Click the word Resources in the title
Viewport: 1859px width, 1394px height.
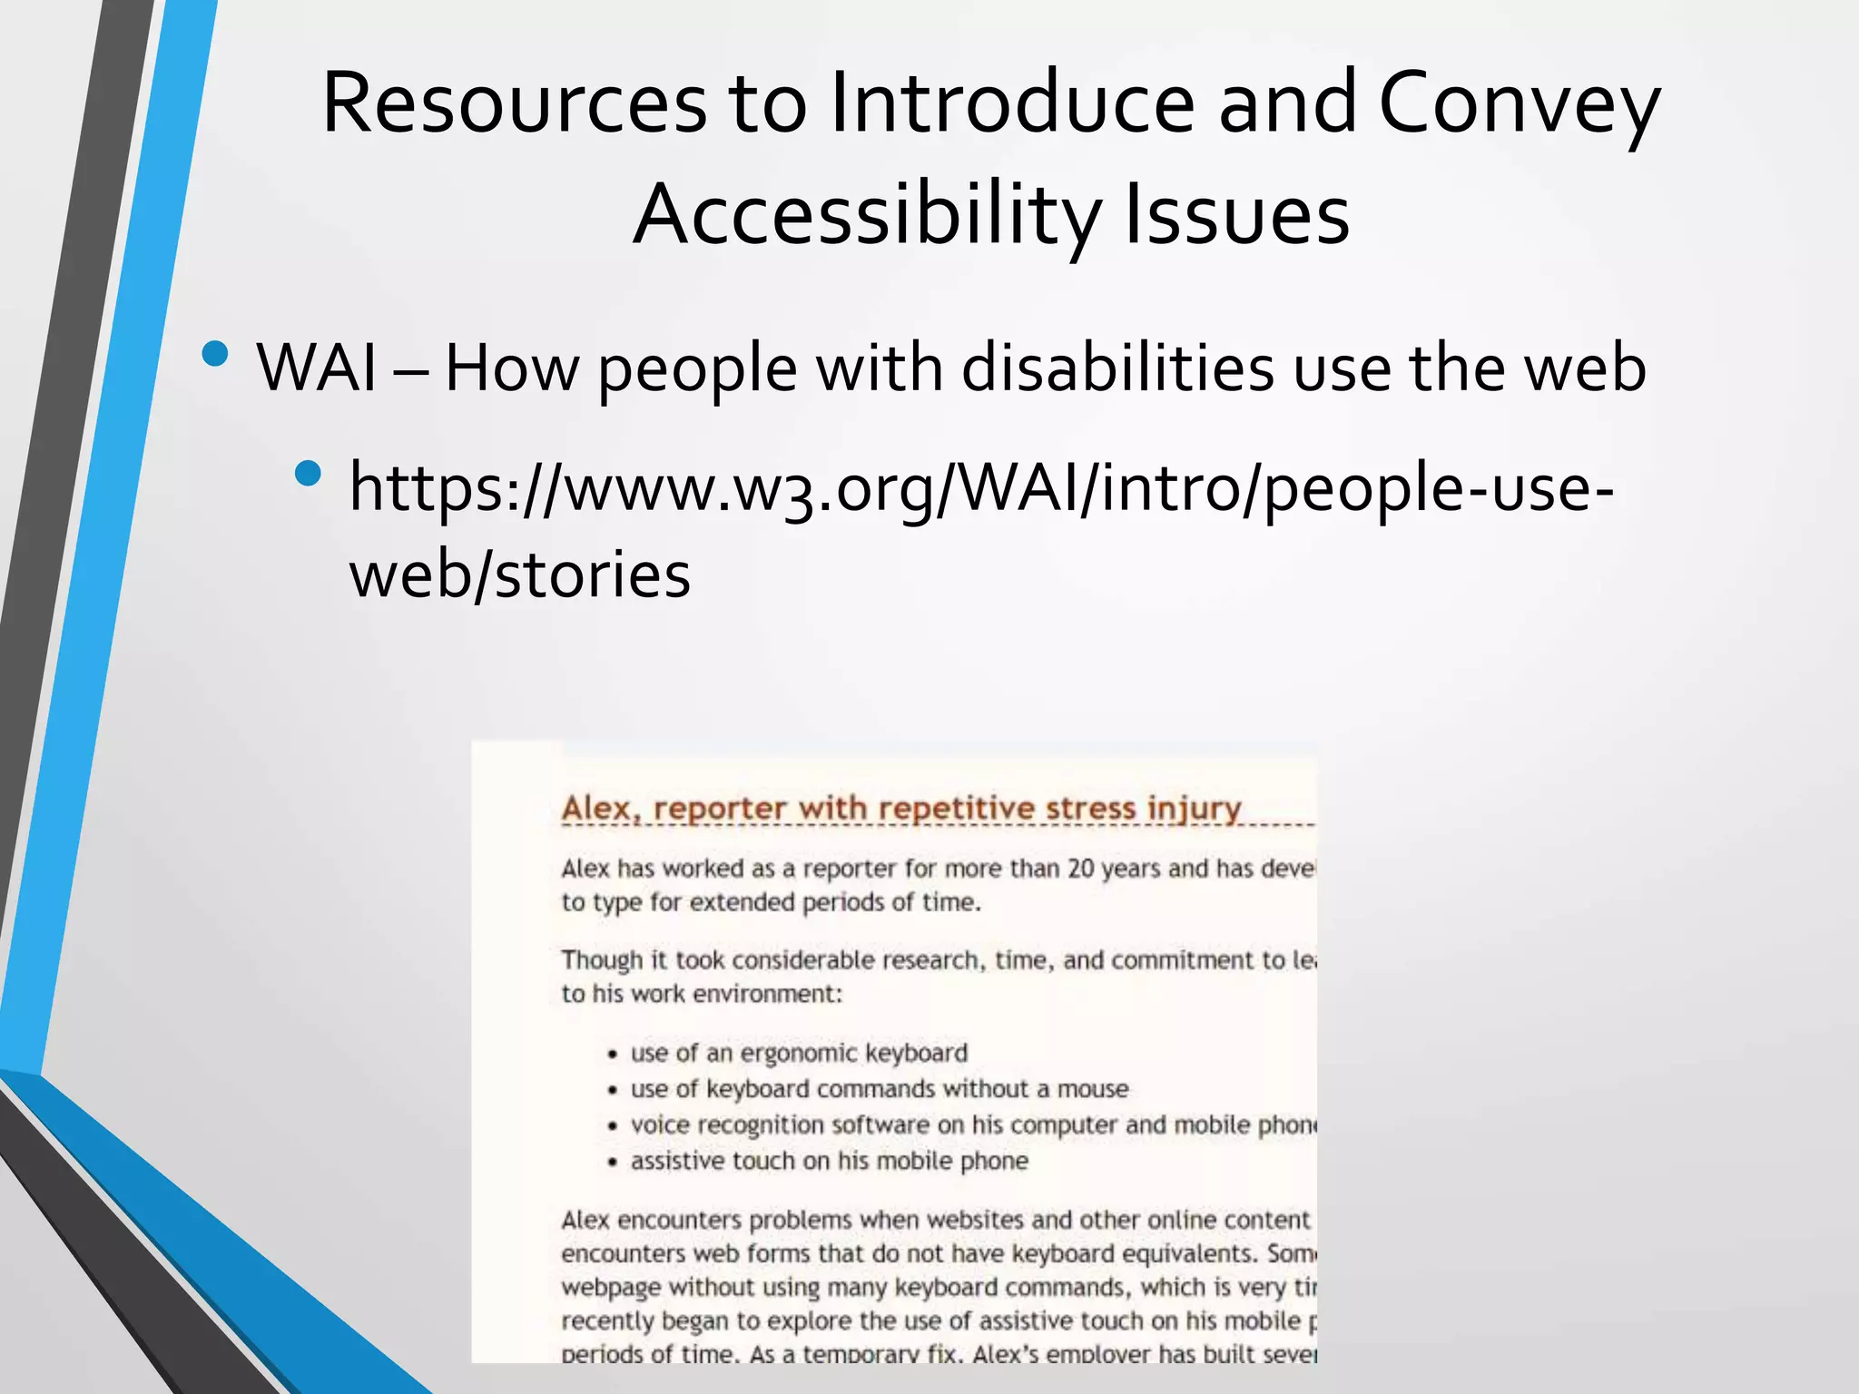(x=514, y=103)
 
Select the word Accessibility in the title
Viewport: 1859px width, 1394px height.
(x=867, y=216)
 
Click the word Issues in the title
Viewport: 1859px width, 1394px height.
(x=1236, y=216)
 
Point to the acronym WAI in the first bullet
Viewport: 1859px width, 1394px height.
(x=317, y=368)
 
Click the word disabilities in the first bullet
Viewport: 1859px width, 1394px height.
(x=1117, y=368)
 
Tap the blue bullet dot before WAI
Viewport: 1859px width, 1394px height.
(x=215, y=353)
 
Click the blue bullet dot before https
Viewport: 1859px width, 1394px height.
(x=309, y=473)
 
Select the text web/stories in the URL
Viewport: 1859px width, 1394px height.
(x=520, y=574)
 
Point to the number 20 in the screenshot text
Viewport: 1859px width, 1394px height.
(x=1080, y=869)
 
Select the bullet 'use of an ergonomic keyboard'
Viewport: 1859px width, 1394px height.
(x=799, y=1053)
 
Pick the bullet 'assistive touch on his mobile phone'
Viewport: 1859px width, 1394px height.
(x=829, y=1161)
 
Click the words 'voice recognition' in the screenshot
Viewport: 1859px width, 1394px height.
(x=727, y=1125)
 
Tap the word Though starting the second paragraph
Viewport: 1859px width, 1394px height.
(x=601, y=960)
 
